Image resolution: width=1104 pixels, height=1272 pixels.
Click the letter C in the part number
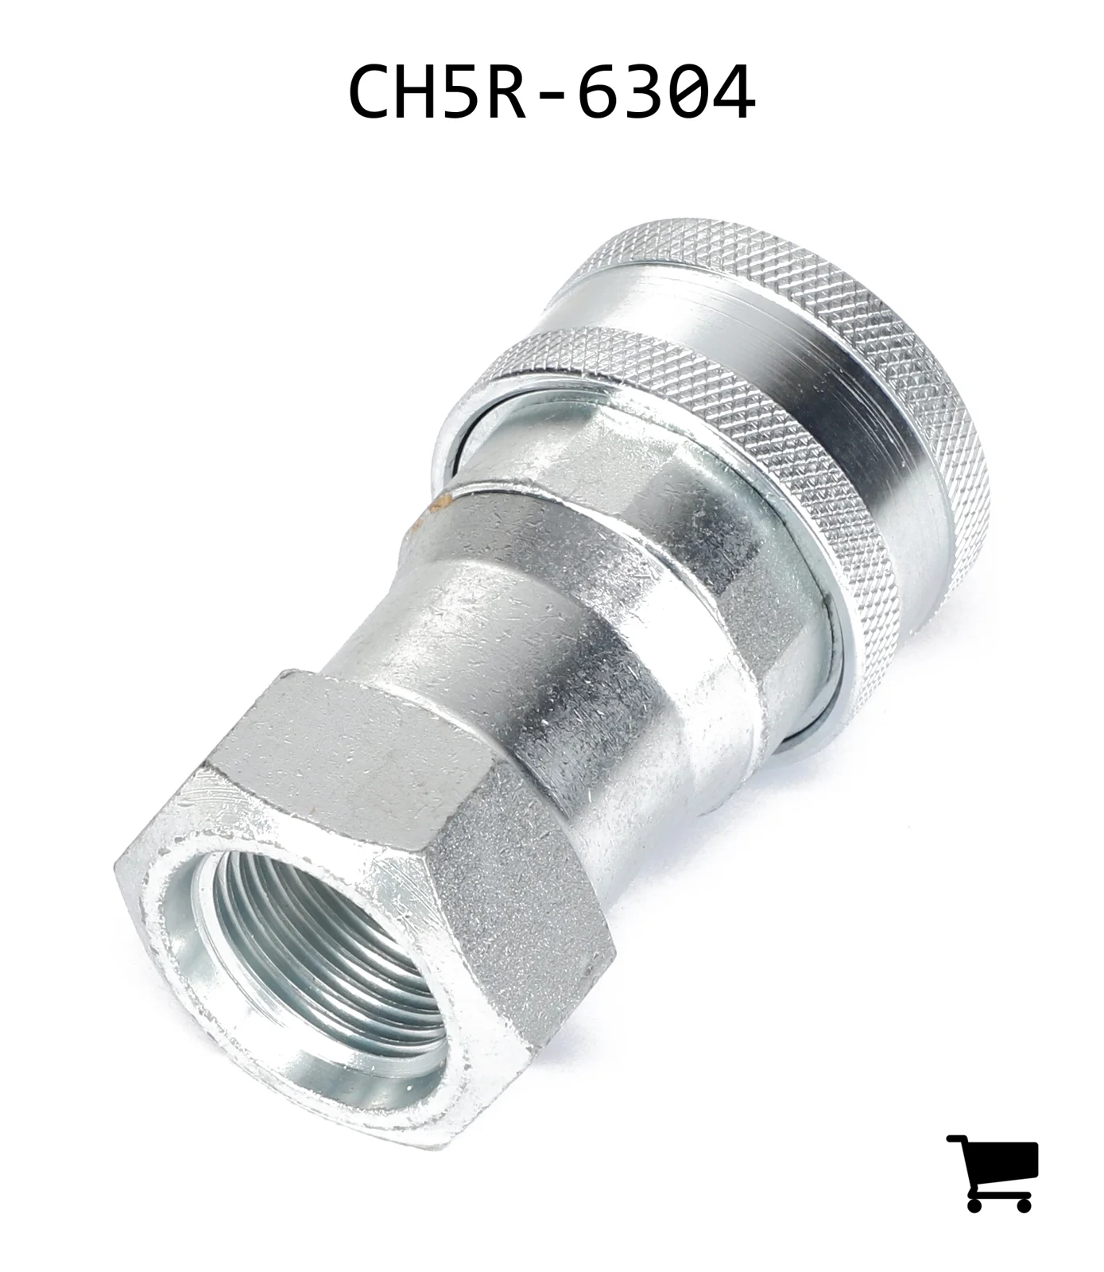(371, 91)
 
